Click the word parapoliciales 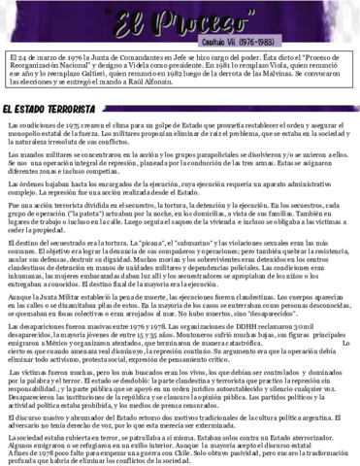point(221,154)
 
